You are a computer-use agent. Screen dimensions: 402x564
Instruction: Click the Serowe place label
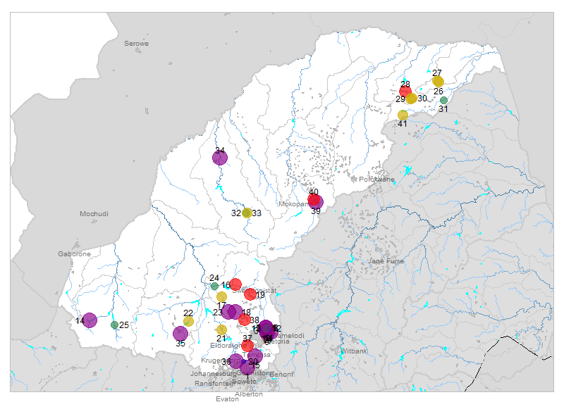pos(137,44)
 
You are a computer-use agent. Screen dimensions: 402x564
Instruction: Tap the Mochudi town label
pos(94,213)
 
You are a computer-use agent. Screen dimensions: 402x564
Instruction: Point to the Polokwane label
pos(377,180)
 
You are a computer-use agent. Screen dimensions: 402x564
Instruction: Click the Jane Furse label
pos(386,261)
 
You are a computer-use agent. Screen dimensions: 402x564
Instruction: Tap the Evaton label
pos(228,398)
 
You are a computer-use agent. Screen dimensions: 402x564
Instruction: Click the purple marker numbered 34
pos(220,158)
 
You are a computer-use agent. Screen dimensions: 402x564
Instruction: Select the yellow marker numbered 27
pos(438,82)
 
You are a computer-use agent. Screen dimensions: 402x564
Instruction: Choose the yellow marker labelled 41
pos(403,115)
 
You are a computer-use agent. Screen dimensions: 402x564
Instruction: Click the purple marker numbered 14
pos(90,320)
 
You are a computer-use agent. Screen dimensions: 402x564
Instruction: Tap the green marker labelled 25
pos(114,325)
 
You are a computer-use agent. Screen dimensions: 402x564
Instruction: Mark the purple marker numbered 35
pos(180,334)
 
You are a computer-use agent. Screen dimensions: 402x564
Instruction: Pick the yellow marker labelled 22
pos(188,321)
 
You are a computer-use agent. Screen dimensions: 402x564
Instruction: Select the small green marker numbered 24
pos(214,286)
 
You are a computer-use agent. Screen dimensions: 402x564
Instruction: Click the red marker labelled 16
pos(235,284)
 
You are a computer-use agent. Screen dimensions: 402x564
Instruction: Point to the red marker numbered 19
pos(251,294)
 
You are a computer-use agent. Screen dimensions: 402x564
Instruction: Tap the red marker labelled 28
pos(405,92)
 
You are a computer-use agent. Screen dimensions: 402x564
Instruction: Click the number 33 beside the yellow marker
pos(257,213)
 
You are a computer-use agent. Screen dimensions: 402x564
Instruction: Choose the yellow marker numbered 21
pos(221,329)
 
